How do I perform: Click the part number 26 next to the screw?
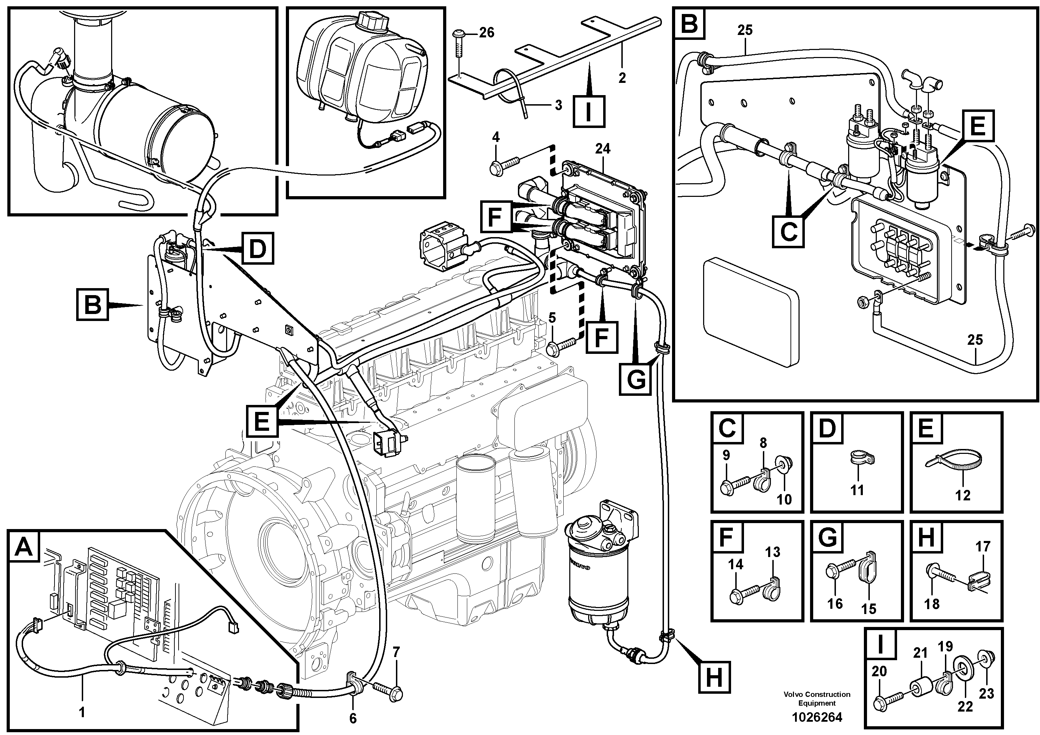[x=486, y=33]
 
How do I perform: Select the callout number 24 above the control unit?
[x=602, y=148]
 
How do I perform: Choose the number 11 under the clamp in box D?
[x=857, y=490]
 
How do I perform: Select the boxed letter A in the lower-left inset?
[x=23, y=547]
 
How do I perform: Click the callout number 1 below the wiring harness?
[x=82, y=712]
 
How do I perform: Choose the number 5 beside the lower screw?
[x=552, y=318]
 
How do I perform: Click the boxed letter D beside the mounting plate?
[x=257, y=248]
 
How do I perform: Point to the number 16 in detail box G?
[x=835, y=603]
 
